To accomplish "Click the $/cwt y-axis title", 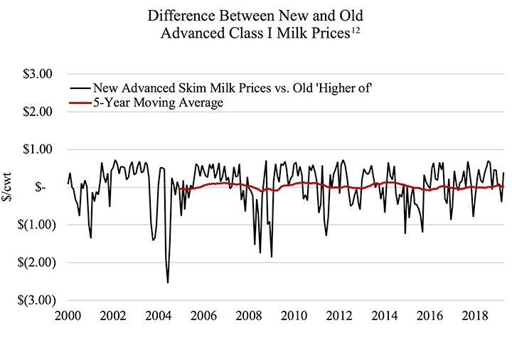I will [x=11, y=186].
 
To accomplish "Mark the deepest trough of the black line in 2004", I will [x=168, y=282].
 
